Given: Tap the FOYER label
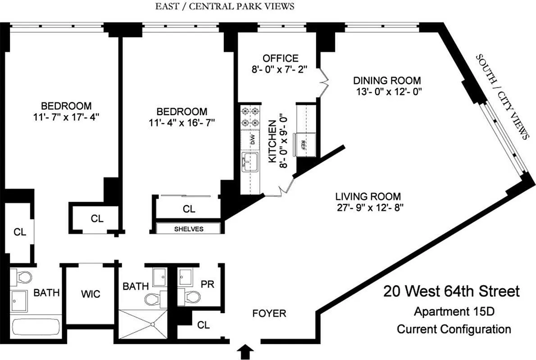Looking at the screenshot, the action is (x=269, y=314).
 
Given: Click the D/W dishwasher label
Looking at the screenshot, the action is (x=253, y=139).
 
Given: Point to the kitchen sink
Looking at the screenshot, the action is (x=250, y=162).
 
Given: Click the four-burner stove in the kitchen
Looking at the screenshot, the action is (x=250, y=117).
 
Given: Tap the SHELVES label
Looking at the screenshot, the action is (x=189, y=229).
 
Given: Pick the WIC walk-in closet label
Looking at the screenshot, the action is (x=91, y=294).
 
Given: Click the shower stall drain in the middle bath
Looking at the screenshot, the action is (x=152, y=324).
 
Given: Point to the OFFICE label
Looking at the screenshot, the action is (x=280, y=58).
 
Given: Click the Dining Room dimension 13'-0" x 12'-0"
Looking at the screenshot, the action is (x=389, y=92).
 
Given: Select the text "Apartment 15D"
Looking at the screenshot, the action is (x=454, y=311).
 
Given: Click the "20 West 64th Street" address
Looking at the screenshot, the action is (x=451, y=292).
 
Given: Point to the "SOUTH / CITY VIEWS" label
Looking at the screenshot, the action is (x=502, y=97).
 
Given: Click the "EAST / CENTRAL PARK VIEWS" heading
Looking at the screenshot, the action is (x=225, y=6).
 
